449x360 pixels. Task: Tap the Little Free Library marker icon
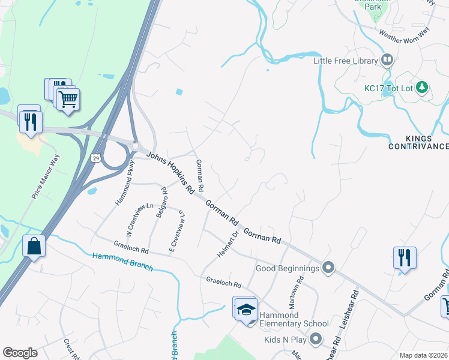point(387,60)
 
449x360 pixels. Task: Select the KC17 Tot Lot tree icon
point(422,88)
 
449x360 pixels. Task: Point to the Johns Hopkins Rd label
point(170,172)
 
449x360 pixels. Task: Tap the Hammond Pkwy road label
point(125,186)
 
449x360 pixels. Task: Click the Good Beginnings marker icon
point(328,268)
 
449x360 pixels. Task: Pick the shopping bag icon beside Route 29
point(34,246)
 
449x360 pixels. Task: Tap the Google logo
point(20,353)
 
